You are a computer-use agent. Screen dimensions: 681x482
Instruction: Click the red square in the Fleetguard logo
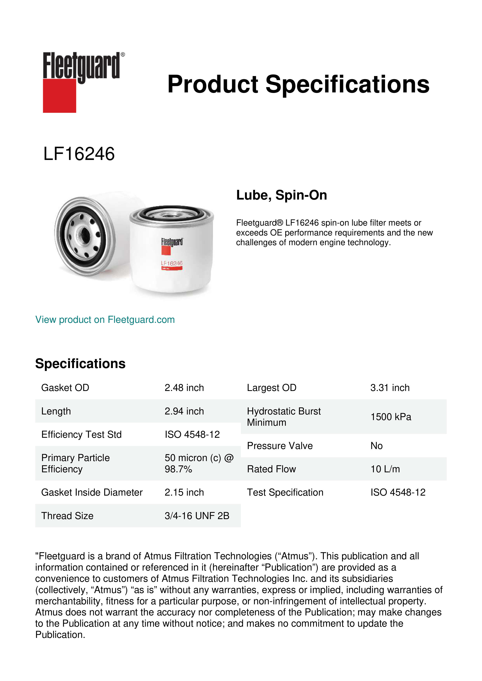point(59,96)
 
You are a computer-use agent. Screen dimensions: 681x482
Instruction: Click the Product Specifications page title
point(298,84)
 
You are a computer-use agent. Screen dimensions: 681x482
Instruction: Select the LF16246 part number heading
point(79,154)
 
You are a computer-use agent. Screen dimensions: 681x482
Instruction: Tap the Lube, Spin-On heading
point(281,195)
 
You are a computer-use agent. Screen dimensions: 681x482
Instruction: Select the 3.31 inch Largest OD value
point(390,388)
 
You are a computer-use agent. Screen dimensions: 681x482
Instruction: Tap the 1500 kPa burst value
point(390,417)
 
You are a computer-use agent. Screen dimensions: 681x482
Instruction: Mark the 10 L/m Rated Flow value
point(385,469)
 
